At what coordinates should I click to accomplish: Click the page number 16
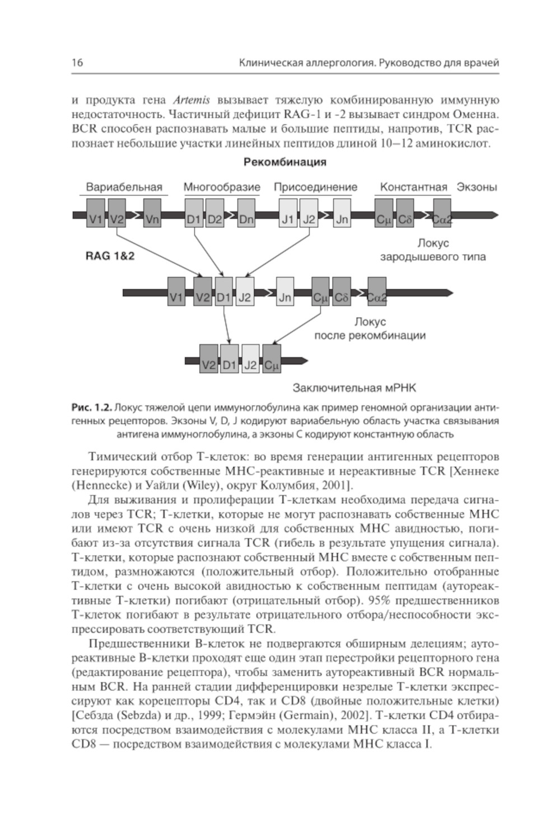click(77, 63)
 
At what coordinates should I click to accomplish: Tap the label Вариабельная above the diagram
click(124, 187)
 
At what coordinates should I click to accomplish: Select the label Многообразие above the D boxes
click(222, 187)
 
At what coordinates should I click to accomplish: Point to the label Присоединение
click(315, 187)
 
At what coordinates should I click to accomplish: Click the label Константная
click(413, 187)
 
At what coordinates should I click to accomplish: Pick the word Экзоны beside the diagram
click(477, 187)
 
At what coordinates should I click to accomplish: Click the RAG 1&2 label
click(110, 257)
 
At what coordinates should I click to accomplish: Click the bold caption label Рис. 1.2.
click(92, 406)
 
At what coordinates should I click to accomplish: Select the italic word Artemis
click(192, 101)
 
